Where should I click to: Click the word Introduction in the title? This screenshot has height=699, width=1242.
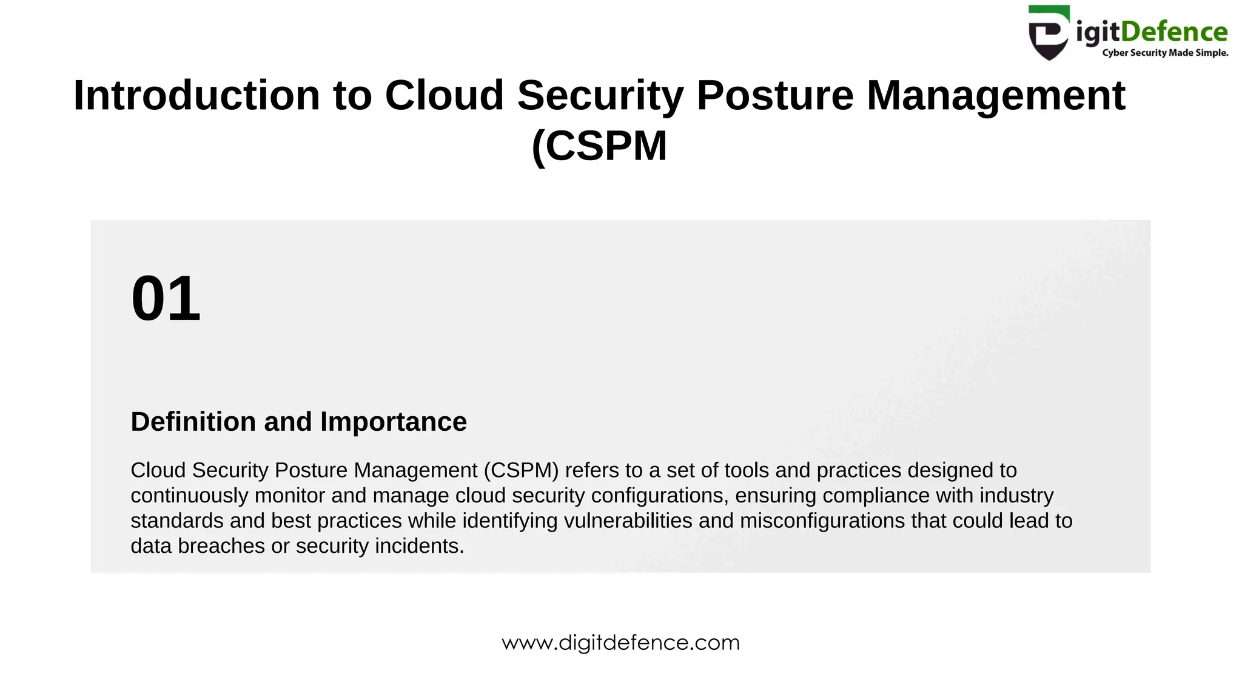click(196, 96)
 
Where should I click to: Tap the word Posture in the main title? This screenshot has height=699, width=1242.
click(775, 96)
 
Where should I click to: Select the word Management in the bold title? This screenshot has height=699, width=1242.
click(996, 96)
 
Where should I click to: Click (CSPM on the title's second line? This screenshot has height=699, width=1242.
click(599, 146)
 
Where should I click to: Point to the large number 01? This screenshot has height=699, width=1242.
click(166, 299)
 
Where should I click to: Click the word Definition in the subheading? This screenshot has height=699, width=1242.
click(193, 422)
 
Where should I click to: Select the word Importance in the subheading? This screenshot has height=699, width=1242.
click(394, 422)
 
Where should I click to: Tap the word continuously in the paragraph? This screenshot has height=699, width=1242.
click(189, 496)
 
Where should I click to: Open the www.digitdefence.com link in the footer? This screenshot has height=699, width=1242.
click(620, 643)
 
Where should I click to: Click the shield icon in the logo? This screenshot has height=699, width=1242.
click(1049, 33)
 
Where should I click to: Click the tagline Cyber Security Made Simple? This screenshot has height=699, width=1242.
click(1165, 53)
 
